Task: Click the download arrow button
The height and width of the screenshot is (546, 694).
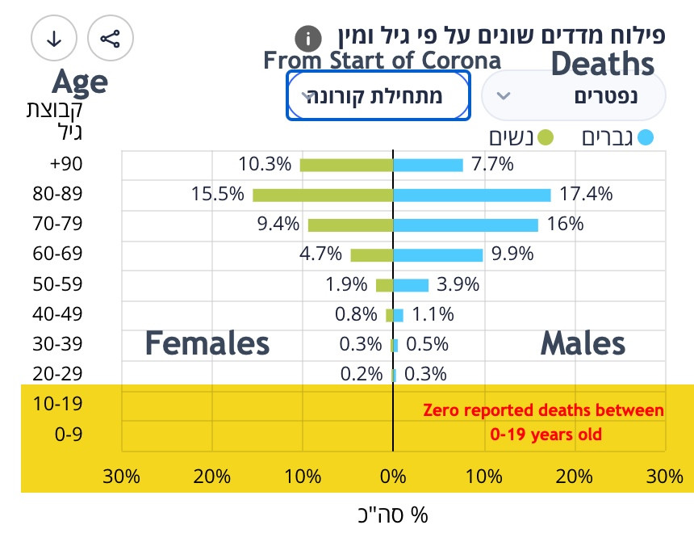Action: (x=54, y=38)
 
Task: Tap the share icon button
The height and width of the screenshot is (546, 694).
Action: (x=110, y=38)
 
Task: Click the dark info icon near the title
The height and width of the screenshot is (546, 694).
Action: (x=307, y=39)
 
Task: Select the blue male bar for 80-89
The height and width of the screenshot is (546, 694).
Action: (x=471, y=195)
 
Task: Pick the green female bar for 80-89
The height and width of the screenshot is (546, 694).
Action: (x=323, y=195)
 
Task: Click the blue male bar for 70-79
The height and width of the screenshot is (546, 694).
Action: (x=465, y=225)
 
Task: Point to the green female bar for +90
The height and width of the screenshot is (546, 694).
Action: (x=346, y=165)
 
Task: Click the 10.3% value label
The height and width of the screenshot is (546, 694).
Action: (x=265, y=165)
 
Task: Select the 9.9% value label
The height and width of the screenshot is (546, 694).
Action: (x=513, y=254)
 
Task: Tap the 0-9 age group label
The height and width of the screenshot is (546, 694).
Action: (x=69, y=435)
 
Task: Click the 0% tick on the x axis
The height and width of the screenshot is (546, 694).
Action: (x=393, y=476)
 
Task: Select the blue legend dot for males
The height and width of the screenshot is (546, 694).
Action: (x=644, y=137)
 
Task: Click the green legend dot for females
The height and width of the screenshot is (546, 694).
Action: (x=546, y=137)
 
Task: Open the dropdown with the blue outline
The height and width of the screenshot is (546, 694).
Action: (x=378, y=95)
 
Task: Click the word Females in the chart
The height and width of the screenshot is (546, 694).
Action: (x=207, y=344)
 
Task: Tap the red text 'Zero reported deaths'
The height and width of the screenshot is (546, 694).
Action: (x=543, y=411)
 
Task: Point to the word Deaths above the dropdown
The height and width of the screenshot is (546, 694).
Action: (x=603, y=64)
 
